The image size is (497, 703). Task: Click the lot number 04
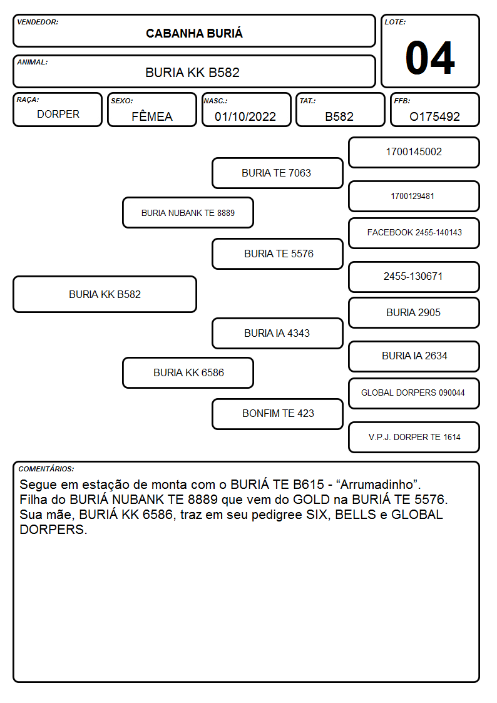430,58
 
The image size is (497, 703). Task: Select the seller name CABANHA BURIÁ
194,33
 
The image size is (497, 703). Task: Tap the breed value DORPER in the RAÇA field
58,115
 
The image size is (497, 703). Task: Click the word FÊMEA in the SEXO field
152,116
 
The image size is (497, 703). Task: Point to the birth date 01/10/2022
245,116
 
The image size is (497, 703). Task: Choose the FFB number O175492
434,116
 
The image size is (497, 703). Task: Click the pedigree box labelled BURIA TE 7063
277,173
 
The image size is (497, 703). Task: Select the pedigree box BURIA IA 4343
277,333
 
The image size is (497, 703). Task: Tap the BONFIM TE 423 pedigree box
277,414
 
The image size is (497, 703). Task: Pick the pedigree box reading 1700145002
414,153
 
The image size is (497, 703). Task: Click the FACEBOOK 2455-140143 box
414,233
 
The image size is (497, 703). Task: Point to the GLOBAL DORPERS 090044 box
414,393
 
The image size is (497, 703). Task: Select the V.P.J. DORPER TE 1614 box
414,437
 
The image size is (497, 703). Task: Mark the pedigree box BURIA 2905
414,312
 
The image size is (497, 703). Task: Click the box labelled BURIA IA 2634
414,356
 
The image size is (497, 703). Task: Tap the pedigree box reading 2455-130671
414,277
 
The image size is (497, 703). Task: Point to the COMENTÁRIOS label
46,469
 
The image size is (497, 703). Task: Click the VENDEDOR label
38,22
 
